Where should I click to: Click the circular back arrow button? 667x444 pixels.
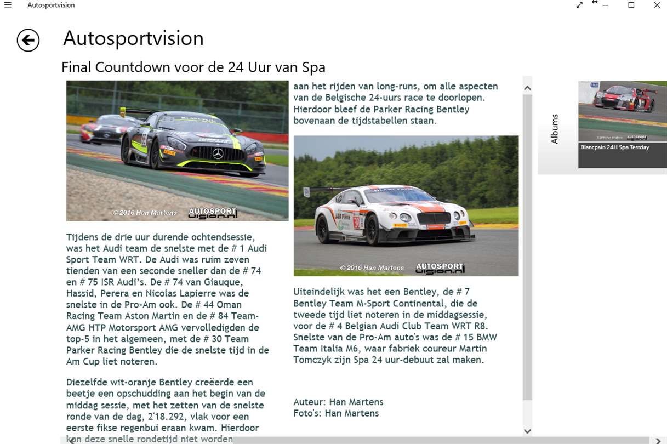[x=28, y=40]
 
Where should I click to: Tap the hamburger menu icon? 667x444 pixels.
[x=8, y=5]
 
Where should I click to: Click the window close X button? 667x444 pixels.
[x=657, y=5]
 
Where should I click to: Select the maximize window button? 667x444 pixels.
[x=631, y=5]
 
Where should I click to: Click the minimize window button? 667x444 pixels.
[x=606, y=5]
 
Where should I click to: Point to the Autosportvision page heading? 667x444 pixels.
[x=133, y=38]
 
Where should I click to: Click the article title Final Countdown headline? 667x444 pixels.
[x=193, y=67]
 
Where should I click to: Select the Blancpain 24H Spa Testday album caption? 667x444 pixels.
[x=614, y=147]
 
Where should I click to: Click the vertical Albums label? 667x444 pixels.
[x=555, y=129]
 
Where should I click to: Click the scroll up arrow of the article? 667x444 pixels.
[x=527, y=88]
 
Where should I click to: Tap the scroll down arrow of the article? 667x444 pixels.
[x=527, y=431]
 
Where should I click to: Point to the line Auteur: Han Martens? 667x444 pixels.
[x=338, y=402]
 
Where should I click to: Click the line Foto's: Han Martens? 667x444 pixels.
[x=336, y=413]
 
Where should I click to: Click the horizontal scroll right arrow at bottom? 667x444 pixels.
[x=658, y=440]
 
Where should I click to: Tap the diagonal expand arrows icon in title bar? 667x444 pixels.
[x=579, y=5]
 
